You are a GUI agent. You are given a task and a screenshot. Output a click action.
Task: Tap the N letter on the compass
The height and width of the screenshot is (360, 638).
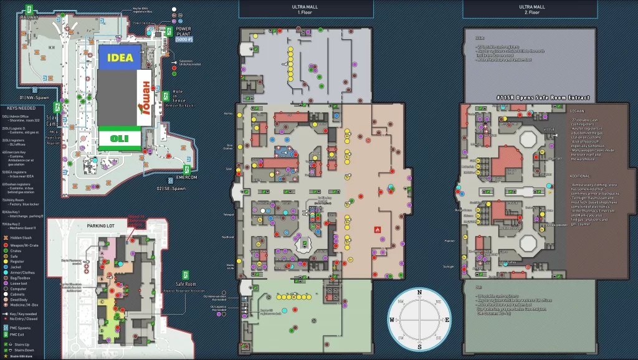[419, 292]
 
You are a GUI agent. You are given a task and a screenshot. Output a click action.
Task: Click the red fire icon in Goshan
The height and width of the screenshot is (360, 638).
[376, 229]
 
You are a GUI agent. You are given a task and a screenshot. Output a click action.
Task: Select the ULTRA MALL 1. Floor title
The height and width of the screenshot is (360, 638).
[306, 9]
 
